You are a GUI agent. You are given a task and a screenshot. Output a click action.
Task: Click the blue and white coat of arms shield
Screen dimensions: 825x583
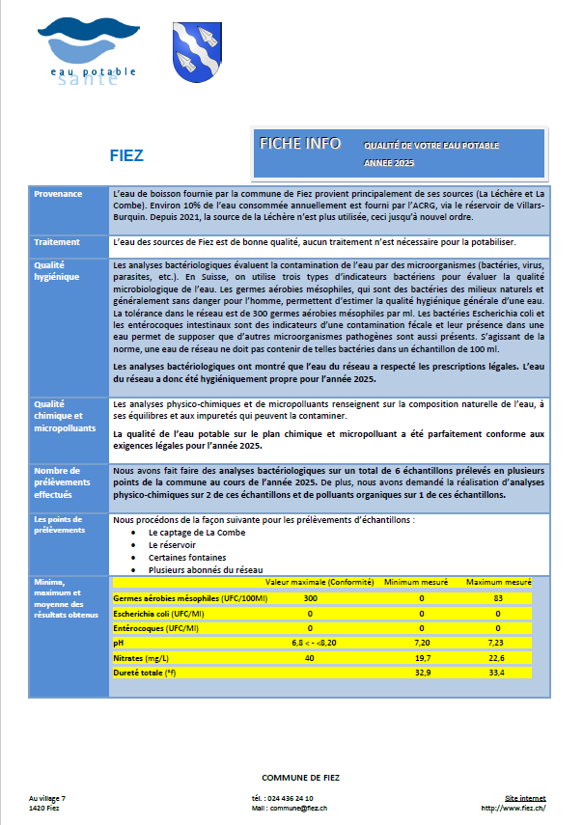193,53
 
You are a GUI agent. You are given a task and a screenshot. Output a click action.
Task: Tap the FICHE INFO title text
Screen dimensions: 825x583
300,143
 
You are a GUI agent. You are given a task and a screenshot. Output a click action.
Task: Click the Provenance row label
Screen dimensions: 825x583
58,194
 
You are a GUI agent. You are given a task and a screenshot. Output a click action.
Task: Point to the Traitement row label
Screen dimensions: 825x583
57,241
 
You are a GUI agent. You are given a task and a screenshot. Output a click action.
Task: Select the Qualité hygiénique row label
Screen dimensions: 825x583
59,270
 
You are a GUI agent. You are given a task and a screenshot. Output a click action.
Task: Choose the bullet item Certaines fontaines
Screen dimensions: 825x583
187,557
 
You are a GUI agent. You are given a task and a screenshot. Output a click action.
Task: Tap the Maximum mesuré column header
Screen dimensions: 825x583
498,583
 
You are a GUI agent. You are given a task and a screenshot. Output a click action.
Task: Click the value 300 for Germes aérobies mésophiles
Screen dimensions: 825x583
311,598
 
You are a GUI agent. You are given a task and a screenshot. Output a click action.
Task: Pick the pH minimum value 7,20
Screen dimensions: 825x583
421,642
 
